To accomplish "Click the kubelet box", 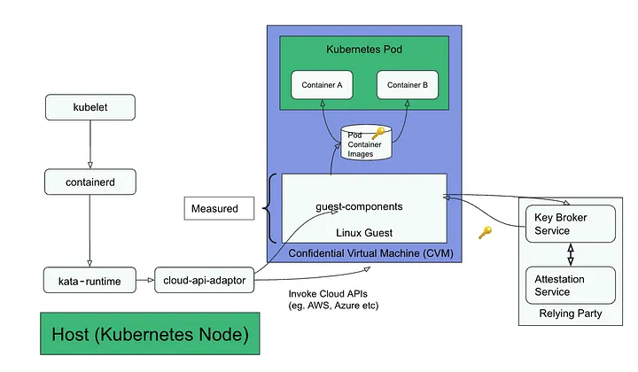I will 89,109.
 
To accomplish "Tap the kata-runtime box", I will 89,281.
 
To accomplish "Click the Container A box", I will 322,85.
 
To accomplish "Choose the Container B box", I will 408,85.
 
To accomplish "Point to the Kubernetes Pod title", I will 364,50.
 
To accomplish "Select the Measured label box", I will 214,209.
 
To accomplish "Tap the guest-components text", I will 359,206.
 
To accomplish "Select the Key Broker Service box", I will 570,224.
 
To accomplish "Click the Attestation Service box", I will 570,285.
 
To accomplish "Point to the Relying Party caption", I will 570,314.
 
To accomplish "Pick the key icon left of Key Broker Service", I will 485,233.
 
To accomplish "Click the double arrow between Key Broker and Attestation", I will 570,254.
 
